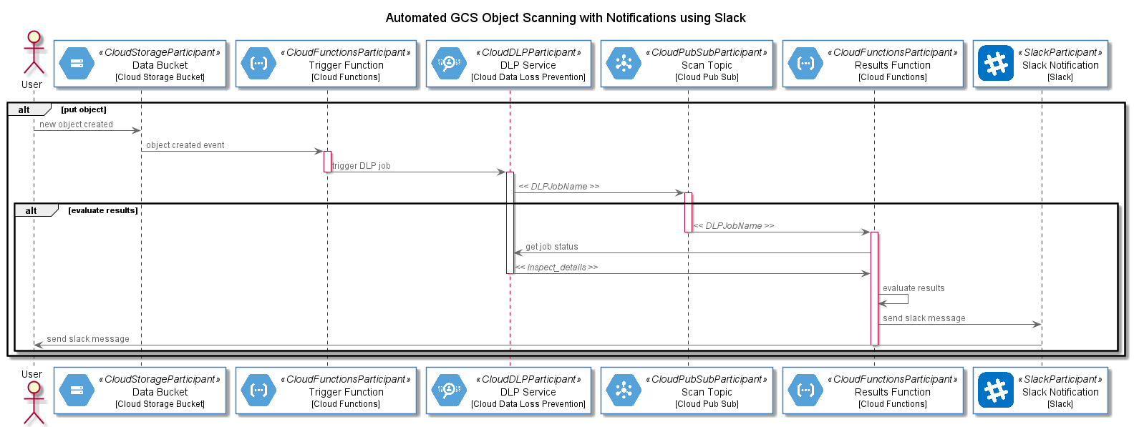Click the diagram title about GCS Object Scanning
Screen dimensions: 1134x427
566,18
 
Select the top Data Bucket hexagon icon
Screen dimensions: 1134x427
77,64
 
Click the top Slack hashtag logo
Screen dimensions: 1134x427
996,64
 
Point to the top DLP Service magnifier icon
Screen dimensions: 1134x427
449,64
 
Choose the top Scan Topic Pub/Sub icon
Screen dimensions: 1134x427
624,64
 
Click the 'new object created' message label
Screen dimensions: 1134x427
76,124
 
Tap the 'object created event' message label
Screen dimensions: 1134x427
185,145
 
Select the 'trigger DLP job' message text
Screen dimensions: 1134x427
361,166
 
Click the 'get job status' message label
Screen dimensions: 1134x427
552,247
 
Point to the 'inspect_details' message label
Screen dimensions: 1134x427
556,268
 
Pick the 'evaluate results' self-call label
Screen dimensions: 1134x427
913,288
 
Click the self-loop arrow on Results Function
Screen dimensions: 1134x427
908,299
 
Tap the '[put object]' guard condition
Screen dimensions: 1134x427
84,109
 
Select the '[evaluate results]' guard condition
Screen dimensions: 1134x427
103,210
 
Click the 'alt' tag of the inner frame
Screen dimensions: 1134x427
31,210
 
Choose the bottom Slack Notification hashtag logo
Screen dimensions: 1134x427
996,391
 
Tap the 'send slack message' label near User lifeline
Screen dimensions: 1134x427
88,339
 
